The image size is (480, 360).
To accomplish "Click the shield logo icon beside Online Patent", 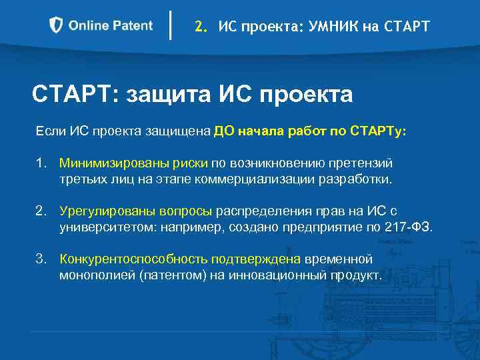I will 57,26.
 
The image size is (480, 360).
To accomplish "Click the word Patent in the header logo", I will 132,26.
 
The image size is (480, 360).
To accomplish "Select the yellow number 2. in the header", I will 201,27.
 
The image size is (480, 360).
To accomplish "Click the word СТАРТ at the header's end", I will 407,27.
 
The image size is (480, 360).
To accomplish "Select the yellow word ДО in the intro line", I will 223,131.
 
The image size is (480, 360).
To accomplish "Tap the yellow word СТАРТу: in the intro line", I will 382,131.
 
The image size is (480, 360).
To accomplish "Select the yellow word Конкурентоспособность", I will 125,259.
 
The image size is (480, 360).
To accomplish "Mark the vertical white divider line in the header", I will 172,26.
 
